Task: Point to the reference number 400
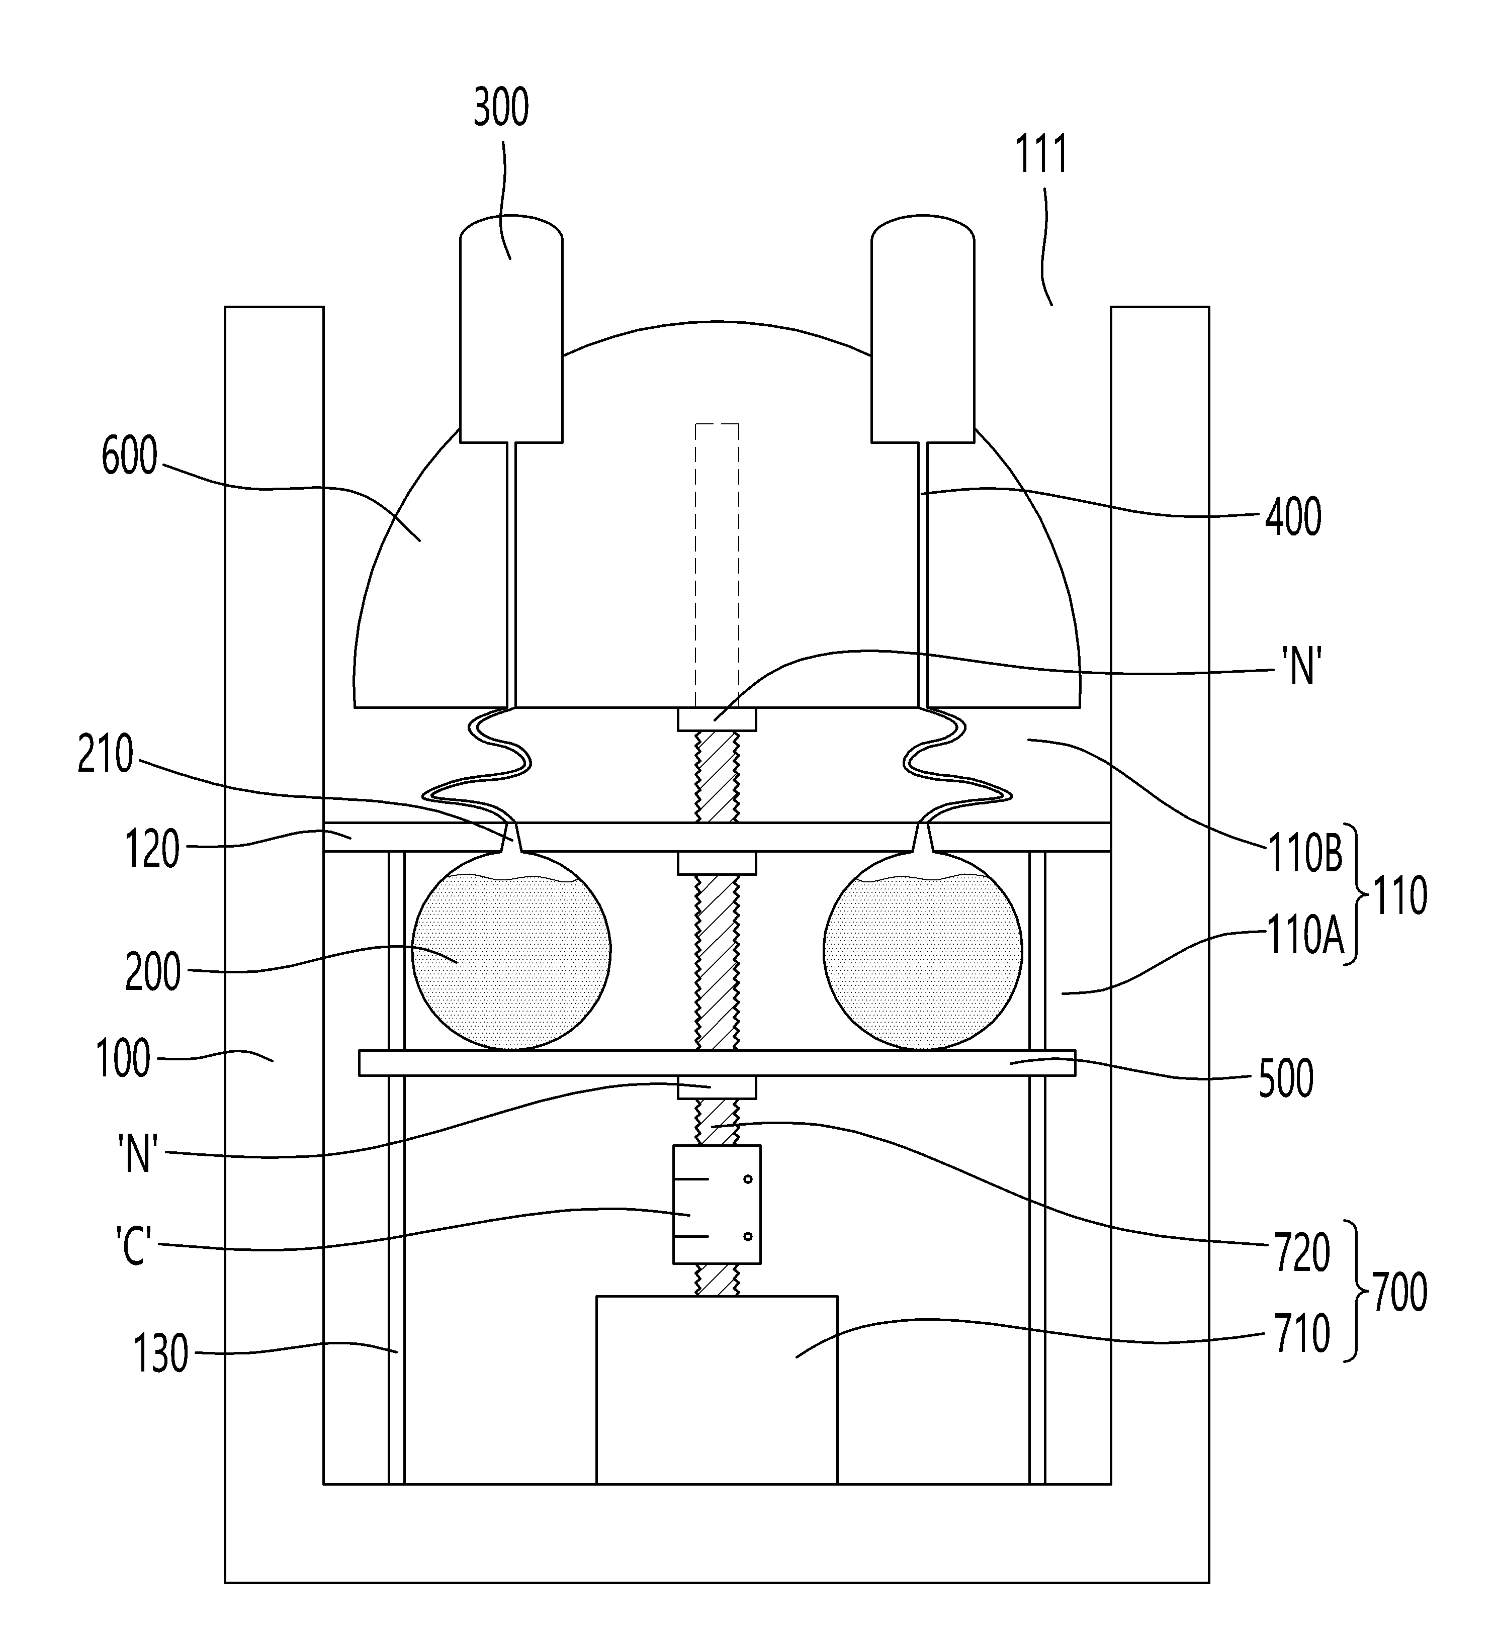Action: [1293, 517]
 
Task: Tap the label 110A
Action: [1303, 936]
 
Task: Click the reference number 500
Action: [1286, 1079]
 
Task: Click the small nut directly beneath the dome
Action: [717, 719]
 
